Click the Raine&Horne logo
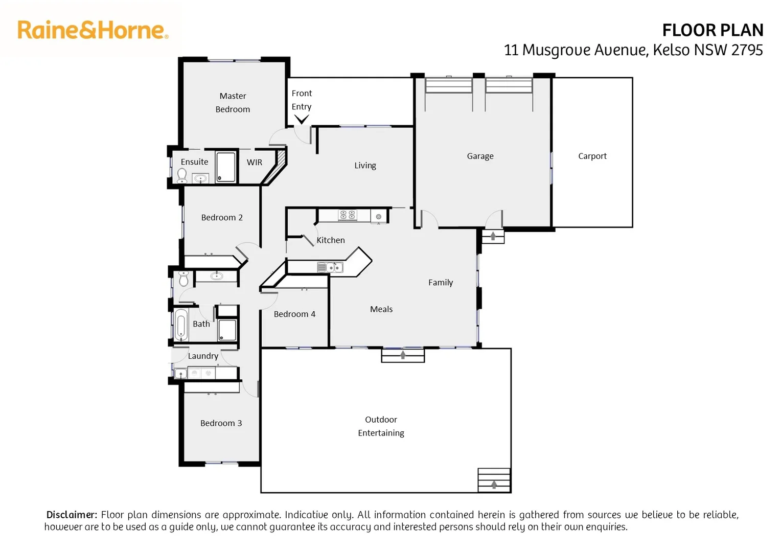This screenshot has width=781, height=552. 93,30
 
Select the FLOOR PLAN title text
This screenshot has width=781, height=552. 712,31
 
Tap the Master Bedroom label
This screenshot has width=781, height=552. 233,102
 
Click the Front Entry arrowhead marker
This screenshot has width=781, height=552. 302,120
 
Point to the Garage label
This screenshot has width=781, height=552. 480,156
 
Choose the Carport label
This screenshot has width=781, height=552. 592,156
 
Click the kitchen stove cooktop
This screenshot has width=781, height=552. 348,215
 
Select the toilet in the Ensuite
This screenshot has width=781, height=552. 182,175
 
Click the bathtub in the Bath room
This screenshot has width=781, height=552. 180,325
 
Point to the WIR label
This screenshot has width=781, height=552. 254,162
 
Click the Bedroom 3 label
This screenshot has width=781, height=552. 221,423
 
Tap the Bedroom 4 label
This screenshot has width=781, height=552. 294,314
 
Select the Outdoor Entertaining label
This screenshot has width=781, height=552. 381,426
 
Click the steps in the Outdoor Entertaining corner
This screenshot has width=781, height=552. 494,480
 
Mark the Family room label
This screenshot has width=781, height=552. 440,282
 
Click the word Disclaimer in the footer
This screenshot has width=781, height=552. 72,515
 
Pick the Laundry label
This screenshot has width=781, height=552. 203,356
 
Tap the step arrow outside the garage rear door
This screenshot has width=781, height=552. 493,236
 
